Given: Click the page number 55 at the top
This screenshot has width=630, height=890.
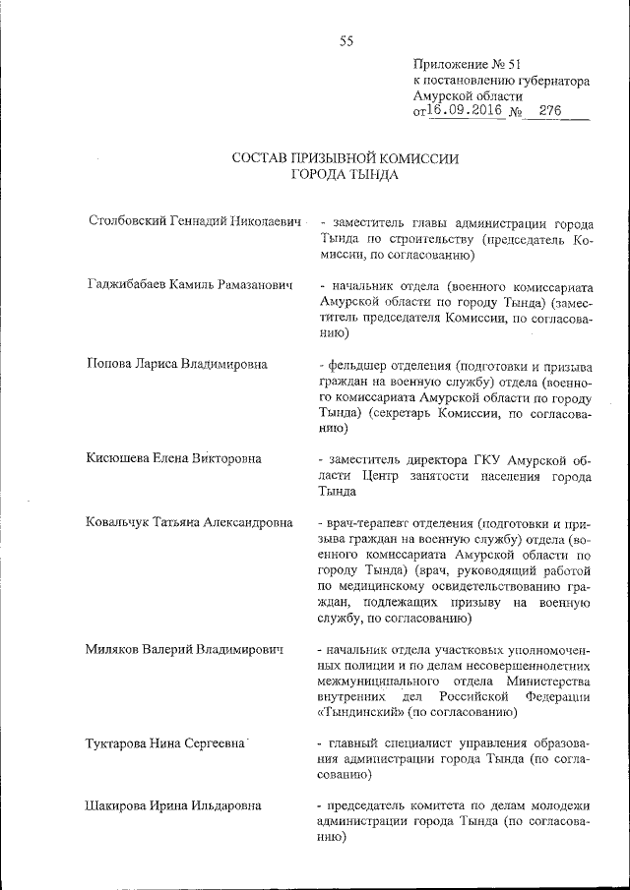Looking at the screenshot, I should (x=346, y=40).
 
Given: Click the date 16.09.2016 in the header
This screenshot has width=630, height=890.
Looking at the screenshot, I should (x=465, y=112).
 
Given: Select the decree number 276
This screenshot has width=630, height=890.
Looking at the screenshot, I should (x=549, y=112).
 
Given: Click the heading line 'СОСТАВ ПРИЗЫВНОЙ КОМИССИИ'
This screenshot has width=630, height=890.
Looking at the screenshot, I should (x=346, y=158).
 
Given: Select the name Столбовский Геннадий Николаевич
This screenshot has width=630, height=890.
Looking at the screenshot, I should (x=193, y=223).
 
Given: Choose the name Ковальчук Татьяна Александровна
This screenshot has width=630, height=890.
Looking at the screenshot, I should (x=189, y=523).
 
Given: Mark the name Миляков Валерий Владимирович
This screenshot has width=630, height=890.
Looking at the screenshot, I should (x=185, y=650).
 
